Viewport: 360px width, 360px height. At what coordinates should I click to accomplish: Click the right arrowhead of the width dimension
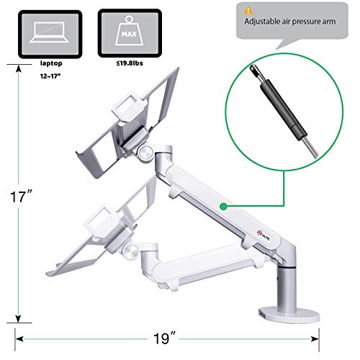click(341, 336)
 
